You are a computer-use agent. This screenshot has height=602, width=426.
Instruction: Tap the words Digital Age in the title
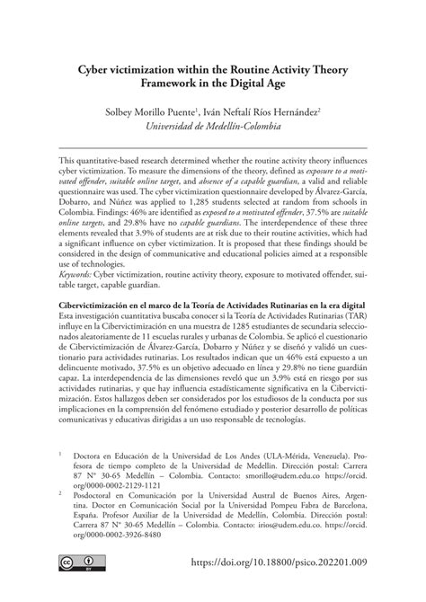point(271,84)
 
